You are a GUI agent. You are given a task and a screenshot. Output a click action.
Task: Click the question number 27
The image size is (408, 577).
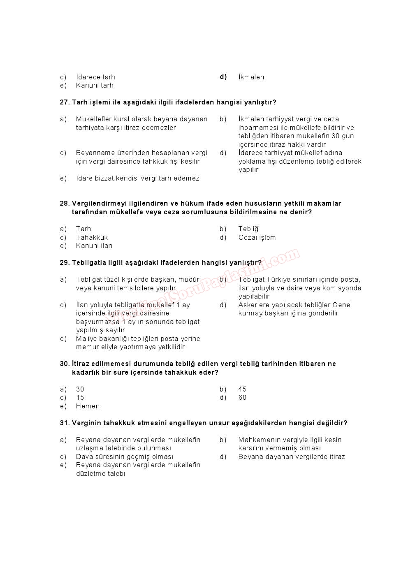coord(65,102)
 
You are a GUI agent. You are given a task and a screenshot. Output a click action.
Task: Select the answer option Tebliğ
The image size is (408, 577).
coord(248,229)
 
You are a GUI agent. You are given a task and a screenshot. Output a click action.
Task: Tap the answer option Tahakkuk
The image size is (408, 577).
coord(92,237)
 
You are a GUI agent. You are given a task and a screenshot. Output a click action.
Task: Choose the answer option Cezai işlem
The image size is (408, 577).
coord(257,237)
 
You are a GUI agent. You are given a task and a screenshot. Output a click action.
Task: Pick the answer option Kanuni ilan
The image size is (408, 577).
coord(94,246)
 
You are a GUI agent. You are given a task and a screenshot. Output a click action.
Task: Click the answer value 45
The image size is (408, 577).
coord(242,389)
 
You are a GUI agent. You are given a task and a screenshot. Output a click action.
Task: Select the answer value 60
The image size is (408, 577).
coord(242,397)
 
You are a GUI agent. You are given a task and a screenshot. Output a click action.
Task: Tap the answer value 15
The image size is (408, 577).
coord(80,397)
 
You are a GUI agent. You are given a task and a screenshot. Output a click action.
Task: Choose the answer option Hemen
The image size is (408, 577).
coord(88,406)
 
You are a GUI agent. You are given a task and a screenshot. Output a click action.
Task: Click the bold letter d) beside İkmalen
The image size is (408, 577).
coord(223,76)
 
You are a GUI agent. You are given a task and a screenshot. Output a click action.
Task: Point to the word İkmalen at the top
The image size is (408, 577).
coord(251,77)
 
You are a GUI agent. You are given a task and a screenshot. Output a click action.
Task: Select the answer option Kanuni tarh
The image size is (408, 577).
coord(95,85)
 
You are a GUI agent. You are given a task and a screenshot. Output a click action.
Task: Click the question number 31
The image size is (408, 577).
coord(65,423)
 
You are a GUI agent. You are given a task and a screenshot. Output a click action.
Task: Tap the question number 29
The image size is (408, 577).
coord(65,262)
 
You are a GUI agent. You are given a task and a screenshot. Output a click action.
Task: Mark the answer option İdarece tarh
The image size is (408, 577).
coord(95,77)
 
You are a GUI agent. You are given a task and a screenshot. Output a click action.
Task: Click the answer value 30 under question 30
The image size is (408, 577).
coord(80,389)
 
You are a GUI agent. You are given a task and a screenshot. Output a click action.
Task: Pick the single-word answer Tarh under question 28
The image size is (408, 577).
coord(83,229)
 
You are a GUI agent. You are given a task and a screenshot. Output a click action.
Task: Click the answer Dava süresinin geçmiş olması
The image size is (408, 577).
coord(124,457)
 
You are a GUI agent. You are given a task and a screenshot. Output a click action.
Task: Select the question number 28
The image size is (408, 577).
coord(65,203)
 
